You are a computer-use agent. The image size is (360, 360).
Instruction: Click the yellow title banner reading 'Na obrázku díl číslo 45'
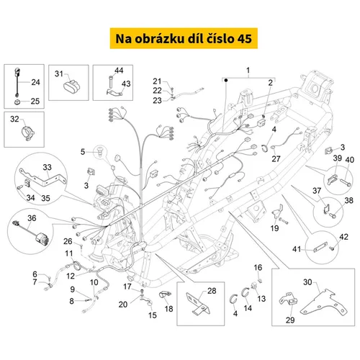184,38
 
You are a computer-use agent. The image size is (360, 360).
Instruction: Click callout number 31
59,73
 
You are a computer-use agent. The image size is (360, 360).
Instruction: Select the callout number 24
35,82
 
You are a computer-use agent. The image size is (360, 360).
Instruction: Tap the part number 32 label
14,119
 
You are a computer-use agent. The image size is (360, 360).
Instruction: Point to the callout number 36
32,218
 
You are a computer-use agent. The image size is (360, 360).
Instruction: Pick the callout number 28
212,291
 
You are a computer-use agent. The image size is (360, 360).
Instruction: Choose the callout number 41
297,249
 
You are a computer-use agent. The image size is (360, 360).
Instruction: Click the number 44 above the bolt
119,71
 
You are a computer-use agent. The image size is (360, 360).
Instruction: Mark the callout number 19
274,228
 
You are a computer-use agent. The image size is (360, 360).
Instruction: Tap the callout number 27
276,158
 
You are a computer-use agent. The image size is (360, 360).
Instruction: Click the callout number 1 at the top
248,71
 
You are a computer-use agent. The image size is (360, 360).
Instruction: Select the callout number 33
47,167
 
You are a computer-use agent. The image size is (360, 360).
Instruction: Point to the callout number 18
168,309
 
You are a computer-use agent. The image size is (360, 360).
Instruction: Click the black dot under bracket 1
226,81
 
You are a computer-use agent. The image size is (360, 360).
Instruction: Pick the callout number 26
68,241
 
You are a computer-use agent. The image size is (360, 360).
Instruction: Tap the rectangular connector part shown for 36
42,238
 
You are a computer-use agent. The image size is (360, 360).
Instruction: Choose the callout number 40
349,160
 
